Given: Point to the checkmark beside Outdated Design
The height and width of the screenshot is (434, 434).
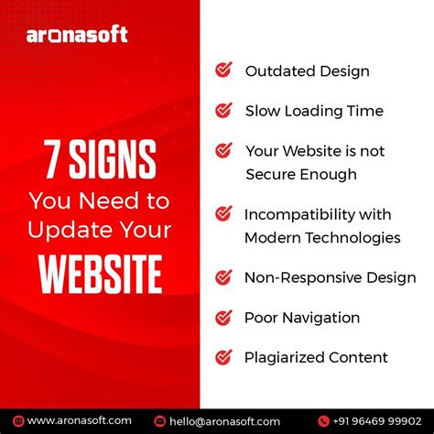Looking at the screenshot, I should [x=223, y=70].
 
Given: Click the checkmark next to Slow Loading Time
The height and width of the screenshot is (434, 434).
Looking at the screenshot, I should [x=223, y=111].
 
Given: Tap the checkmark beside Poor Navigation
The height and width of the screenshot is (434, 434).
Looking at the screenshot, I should [x=223, y=318].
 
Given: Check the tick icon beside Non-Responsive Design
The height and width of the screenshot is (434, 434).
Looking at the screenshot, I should [x=223, y=277].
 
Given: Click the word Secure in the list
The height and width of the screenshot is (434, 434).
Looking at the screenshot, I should [x=271, y=174].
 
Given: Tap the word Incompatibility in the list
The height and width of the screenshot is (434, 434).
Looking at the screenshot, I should [x=292, y=214].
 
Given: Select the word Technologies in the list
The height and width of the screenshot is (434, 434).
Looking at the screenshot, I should [x=357, y=237].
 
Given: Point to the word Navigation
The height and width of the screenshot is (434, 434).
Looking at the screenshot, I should [x=321, y=318].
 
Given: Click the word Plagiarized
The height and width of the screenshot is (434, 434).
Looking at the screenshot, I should [x=285, y=358].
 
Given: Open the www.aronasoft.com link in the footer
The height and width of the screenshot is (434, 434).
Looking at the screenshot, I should [x=79, y=420].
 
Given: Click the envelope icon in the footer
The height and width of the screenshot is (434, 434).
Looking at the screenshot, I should [x=161, y=421].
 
